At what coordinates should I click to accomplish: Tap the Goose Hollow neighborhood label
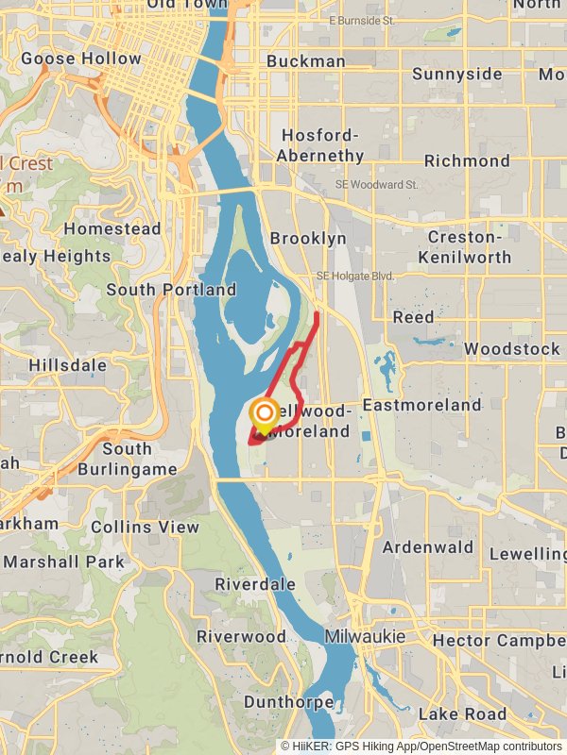[x=81, y=59]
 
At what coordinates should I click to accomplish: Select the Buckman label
[x=305, y=61]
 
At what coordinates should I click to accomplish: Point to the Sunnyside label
[x=456, y=74]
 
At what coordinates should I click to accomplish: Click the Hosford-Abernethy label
[x=322, y=145]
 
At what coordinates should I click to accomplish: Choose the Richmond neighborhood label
[x=467, y=160]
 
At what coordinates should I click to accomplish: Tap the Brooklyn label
[x=308, y=239]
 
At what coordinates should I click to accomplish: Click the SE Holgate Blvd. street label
[x=355, y=276]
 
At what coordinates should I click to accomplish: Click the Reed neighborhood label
[x=413, y=317]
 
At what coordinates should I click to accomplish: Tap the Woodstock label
[x=511, y=349]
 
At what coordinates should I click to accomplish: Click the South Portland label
[x=171, y=290]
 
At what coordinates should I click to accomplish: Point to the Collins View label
[x=146, y=527]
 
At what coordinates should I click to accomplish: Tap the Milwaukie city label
[x=365, y=637]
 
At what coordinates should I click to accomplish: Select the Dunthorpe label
[x=288, y=702]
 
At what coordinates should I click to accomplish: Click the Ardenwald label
[x=429, y=547]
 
